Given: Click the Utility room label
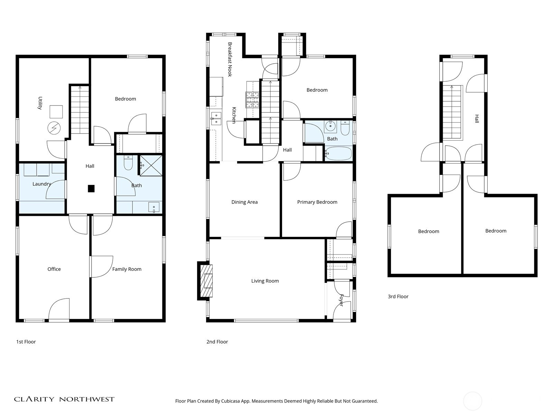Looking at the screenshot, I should tap(40, 103).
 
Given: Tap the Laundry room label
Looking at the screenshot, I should tap(41, 184).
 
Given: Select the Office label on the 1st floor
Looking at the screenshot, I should tap(54, 269).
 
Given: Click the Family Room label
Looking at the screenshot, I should tap(126, 269).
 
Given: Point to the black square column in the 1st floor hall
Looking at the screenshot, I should tap(91, 188).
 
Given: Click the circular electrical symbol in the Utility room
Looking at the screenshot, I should tap(54, 129).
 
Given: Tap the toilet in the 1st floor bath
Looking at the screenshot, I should tap(128, 163).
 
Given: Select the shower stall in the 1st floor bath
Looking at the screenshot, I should tap(151, 166).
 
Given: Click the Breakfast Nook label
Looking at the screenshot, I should tap(230, 59).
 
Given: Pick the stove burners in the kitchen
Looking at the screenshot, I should tap(252, 100).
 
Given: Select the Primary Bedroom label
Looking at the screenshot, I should tap(317, 202).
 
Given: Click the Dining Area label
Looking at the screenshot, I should tap(244, 202).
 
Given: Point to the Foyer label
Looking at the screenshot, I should tap(341, 300).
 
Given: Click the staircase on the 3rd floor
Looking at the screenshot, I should tap(452, 112).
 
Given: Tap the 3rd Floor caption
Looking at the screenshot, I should tap(398, 296).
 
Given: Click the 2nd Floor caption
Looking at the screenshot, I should tap(217, 342).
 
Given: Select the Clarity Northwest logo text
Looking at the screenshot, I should tap(64, 399).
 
